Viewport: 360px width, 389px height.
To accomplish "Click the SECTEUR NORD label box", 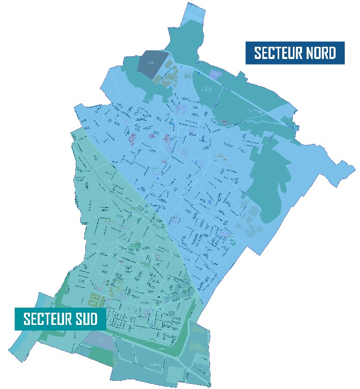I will tap(295, 53).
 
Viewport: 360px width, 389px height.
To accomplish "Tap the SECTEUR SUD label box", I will tap(60, 319).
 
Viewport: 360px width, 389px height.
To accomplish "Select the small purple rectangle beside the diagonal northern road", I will tap(214, 75).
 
